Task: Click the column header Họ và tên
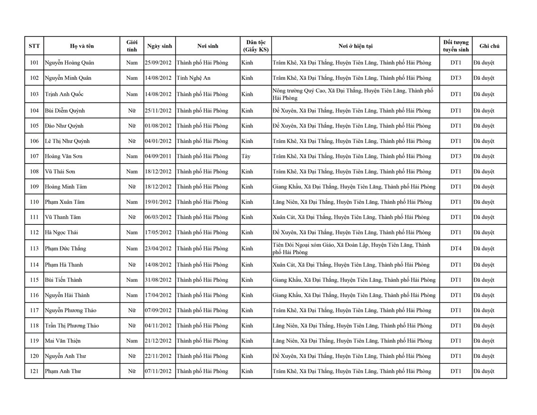[82, 46]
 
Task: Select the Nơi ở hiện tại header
[355, 46]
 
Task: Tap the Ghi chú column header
[489, 46]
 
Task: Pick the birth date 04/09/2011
[159, 156]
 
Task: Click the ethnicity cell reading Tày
[246, 156]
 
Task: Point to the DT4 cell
[455, 249]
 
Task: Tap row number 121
[34, 371]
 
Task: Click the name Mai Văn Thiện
[62, 341]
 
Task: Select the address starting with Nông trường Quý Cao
[353, 94]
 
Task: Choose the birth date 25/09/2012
[159, 63]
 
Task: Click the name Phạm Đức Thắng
[66, 249]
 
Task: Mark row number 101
[34, 63]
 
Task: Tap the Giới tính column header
[132, 46]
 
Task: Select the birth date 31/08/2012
[159, 280]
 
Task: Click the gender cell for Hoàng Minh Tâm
[132, 187]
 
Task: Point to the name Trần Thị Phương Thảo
[72, 326]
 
